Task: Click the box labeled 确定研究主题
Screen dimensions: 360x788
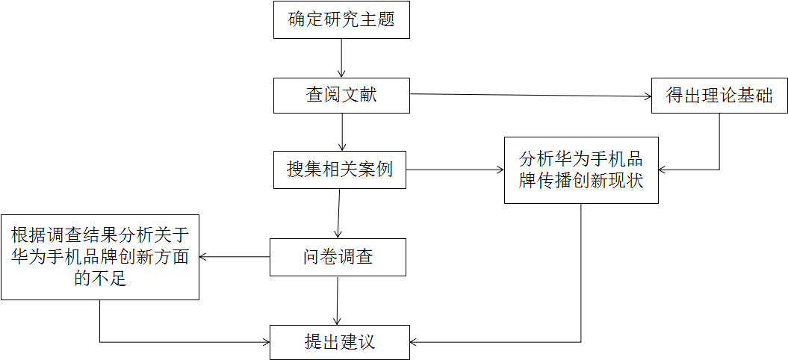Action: coord(341,20)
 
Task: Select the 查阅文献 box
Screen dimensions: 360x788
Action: coord(341,96)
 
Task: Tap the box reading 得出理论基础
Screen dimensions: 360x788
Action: coord(719,96)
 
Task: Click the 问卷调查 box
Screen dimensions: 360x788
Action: coord(338,258)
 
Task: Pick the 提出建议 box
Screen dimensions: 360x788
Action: coord(339,342)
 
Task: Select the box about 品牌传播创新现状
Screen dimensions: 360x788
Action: coord(581,170)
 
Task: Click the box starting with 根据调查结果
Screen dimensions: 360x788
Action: coord(99,258)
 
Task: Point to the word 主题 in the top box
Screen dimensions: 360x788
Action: coord(377,20)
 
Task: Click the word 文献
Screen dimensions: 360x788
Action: coord(359,96)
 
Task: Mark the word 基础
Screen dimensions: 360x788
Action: coord(755,96)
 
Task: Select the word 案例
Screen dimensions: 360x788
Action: coord(376,170)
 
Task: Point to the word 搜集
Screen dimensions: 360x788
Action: coord(305,170)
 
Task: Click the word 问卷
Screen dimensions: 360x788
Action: coord(320,258)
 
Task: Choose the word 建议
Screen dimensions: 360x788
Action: coord(357,342)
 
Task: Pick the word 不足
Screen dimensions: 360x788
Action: coord(109,280)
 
